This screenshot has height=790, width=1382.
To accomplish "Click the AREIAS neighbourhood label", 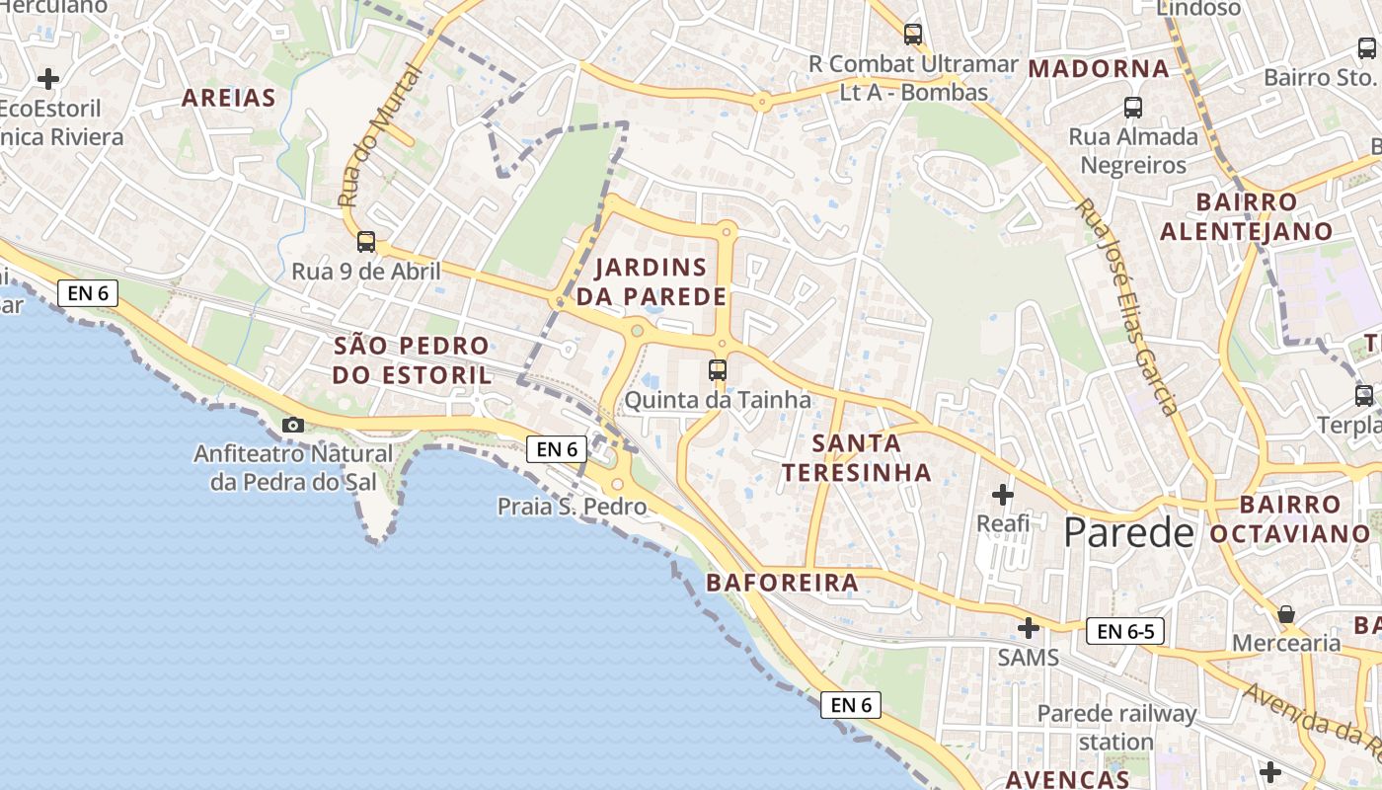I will (228, 98).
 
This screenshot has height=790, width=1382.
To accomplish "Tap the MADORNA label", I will (1099, 68).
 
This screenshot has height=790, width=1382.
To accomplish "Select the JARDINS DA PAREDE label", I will (652, 281).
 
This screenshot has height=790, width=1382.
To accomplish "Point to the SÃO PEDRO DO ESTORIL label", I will (412, 360).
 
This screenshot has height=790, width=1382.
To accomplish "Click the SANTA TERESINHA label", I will (857, 457).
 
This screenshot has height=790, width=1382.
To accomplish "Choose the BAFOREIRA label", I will (783, 583).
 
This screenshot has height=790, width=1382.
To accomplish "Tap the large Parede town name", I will (1128, 533).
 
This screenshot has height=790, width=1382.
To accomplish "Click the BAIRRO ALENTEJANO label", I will (1246, 216).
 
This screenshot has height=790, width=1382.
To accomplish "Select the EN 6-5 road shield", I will (1125, 631).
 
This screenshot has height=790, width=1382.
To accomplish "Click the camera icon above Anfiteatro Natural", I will (293, 425).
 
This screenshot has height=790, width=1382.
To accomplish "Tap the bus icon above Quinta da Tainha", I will (718, 370).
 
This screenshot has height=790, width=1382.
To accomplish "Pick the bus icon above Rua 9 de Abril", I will (366, 241).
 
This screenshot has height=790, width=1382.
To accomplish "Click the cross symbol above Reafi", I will (1003, 494).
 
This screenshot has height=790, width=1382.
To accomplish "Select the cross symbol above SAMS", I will (1029, 627).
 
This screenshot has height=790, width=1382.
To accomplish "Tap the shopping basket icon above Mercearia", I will (1286, 614).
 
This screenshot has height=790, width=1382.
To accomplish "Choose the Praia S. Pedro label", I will (572, 507).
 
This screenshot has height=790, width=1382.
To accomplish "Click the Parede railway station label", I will (1116, 727).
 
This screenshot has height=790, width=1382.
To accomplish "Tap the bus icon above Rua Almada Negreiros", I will (1133, 107).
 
